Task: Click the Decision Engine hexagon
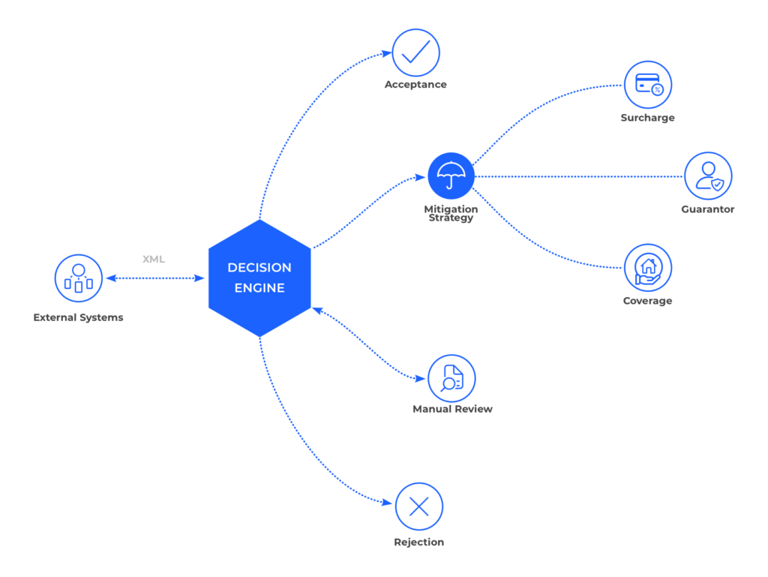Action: (x=259, y=278)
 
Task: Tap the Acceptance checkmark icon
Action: (x=416, y=52)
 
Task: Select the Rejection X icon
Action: (x=418, y=506)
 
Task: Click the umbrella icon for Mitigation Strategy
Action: (x=451, y=176)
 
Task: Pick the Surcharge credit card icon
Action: (x=648, y=84)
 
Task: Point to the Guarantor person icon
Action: (x=708, y=176)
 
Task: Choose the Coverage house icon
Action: (x=648, y=268)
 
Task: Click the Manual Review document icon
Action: (x=451, y=378)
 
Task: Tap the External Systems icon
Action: (x=78, y=278)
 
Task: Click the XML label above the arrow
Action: (x=154, y=259)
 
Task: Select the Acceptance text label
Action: (x=415, y=85)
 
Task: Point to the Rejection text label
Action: (x=418, y=542)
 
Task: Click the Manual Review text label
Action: (x=452, y=409)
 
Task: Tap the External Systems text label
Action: (x=78, y=317)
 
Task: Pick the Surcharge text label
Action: (x=647, y=118)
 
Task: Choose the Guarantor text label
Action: (x=707, y=209)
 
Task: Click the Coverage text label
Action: (x=647, y=301)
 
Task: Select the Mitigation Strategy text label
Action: (x=451, y=213)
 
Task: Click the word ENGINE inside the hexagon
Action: (x=259, y=288)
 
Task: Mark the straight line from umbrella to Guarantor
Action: (x=577, y=176)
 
